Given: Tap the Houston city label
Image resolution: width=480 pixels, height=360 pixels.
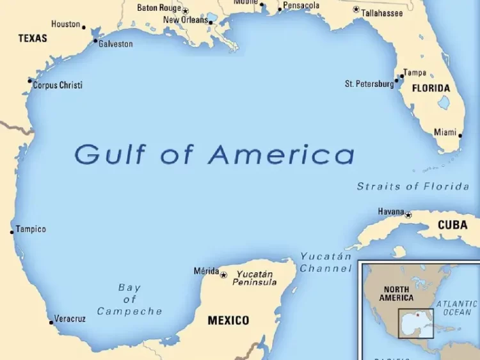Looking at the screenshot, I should (x=66, y=24).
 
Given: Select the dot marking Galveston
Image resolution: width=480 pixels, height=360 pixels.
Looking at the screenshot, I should (x=95, y=42).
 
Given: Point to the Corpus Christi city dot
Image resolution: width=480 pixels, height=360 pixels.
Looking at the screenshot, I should (x=29, y=81).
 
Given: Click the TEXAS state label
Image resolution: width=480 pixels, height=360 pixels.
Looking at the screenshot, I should (x=33, y=38).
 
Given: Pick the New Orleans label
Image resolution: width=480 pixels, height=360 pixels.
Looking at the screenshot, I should (x=186, y=20).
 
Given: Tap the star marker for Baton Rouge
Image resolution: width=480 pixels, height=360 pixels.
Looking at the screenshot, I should (x=186, y=11).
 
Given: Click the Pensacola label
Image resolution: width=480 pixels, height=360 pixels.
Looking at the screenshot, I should (x=301, y=6).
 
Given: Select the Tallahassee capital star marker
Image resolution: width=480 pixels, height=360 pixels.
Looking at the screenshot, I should (x=356, y=10).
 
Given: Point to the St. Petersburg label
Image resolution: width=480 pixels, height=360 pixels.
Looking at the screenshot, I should (x=369, y=84).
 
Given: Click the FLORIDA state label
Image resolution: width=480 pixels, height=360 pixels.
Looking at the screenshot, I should (x=431, y=88).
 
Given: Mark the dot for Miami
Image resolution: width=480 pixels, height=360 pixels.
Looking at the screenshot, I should (x=460, y=134).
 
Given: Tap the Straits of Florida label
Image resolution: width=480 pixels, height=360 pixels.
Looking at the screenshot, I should (x=413, y=187).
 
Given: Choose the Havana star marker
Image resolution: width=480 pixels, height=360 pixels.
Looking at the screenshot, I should (x=408, y=215).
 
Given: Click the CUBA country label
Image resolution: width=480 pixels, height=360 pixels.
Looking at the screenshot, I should (x=452, y=225).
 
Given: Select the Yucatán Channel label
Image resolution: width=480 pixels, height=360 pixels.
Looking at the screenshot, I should (x=326, y=262).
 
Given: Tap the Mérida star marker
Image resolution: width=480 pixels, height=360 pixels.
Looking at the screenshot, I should (x=223, y=275).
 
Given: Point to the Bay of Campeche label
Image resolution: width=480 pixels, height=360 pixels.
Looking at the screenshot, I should (x=129, y=299).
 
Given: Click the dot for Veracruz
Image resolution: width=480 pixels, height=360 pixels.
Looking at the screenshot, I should (x=51, y=322).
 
